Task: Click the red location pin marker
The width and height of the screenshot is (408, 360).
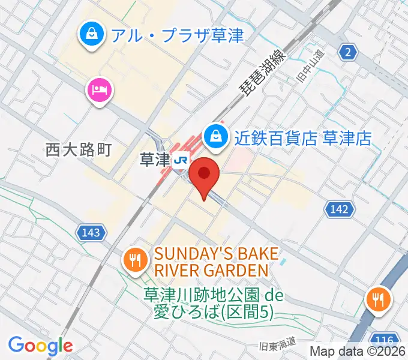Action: click(x=205, y=175)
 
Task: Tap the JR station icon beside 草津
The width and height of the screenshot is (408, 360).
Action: click(x=179, y=160)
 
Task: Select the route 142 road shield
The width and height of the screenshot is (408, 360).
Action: click(x=339, y=209)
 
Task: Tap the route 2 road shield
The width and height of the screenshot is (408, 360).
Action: click(x=347, y=53)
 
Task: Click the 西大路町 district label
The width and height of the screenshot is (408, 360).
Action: click(x=79, y=149)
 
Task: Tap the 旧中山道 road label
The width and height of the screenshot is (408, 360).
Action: click(x=310, y=65)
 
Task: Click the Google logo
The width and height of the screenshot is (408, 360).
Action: click(x=40, y=345)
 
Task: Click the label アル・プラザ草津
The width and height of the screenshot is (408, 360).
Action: click(x=177, y=35)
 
